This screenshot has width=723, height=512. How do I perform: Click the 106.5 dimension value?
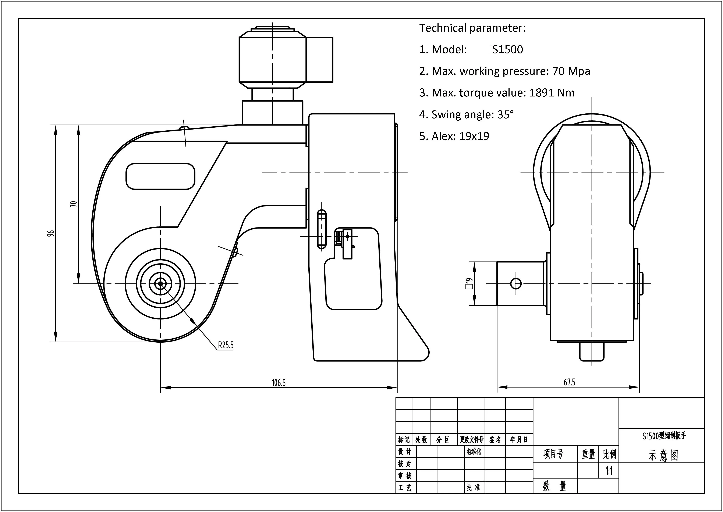tap(279, 383)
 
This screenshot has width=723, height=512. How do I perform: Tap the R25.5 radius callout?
tap(226, 345)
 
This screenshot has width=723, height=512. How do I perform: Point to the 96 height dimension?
tap(50, 233)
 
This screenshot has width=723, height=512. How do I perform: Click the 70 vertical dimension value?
tap(73, 204)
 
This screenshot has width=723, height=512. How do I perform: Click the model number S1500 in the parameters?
tap(507, 49)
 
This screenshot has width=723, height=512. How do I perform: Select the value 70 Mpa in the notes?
tap(571, 71)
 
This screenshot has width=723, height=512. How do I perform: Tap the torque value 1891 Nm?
tap(552, 93)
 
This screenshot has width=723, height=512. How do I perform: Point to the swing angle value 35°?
tap(506, 114)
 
